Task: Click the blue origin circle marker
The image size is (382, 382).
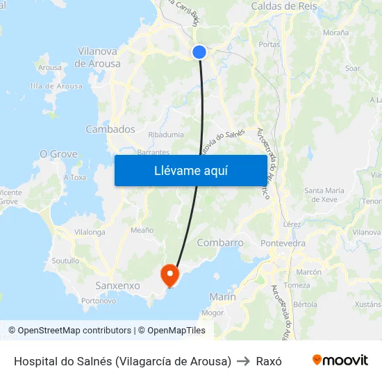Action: click(199, 52)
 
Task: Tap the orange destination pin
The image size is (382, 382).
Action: click(169, 274)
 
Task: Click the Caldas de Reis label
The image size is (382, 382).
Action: click(284, 6)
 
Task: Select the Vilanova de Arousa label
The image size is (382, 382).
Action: click(99, 57)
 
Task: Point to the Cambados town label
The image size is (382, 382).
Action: click(110, 129)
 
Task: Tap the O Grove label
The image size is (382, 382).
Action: click(53, 153)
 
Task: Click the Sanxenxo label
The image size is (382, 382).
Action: click(117, 285)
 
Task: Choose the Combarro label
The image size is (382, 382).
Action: click(220, 243)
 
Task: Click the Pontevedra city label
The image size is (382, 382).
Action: click(283, 244)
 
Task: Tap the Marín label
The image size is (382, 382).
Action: click(223, 297)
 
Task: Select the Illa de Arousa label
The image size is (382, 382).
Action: click(56, 86)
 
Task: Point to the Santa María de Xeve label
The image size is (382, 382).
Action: click(324, 194)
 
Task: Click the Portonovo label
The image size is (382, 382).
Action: click(99, 301)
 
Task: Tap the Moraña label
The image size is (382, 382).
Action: click(335, 33)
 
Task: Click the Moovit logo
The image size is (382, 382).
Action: click(340, 360)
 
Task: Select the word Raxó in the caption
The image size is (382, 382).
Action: click(269, 361)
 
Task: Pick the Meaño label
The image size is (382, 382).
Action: click(142, 230)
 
